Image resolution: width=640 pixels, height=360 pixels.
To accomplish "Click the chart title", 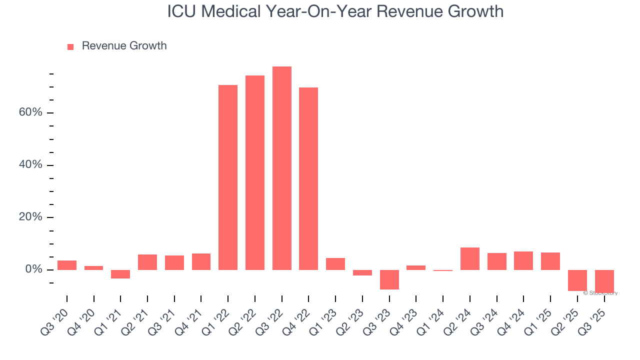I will [x=335, y=11].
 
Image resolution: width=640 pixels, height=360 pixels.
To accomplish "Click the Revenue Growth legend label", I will [x=124, y=46].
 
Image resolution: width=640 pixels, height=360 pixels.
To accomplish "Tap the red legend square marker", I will [x=70, y=46].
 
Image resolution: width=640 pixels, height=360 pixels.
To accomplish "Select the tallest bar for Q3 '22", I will [x=281, y=168].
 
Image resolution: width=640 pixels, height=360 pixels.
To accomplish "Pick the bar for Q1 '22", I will [x=228, y=177].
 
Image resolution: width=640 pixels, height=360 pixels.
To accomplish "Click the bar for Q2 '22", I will [x=255, y=172].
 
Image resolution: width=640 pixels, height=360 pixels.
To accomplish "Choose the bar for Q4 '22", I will [x=308, y=178].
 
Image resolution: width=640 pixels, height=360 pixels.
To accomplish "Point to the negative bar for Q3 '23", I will [x=389, y=279].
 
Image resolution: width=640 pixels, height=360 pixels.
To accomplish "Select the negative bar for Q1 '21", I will [x=120, y=274].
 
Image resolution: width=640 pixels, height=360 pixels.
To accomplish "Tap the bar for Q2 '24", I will [x=469, y=258].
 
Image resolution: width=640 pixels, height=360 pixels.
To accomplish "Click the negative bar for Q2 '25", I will [x=577, y=280].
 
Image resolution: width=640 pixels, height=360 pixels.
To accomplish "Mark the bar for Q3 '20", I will [x=67, y=265].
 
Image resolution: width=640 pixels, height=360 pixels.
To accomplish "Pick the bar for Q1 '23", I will [x=335, y=263].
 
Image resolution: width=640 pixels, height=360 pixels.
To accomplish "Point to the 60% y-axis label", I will [x=30, y=112].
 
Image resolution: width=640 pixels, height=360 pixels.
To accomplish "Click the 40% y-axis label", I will [x=30, y=165].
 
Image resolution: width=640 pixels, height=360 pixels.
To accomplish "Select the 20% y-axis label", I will [x=30, y=217].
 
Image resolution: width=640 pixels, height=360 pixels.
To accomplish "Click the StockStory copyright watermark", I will [x=600, y=293].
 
